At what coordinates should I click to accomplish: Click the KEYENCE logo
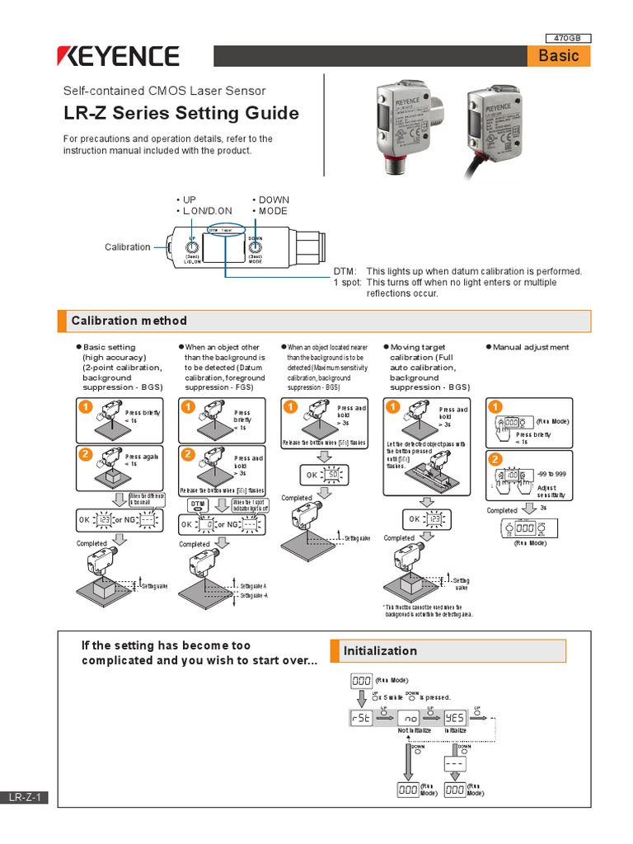tap(117, 56)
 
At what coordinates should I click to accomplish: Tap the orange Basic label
tap(559, 56)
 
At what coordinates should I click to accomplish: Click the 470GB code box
tap(569, 37)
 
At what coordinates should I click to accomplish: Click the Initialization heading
tap(380, 651)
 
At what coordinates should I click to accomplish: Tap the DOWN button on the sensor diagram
tap(256, 246)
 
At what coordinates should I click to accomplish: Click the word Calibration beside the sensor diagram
tap(128, 247)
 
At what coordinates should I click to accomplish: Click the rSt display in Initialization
tap(362, 718)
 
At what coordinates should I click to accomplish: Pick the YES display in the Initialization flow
tap(455, 718)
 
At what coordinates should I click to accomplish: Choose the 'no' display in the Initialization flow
tap(410, 718)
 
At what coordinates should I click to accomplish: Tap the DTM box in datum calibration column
tap(198, 504)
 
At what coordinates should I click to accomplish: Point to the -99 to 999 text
tap(552, 476)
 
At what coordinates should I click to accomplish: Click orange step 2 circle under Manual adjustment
tap(495, 458)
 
